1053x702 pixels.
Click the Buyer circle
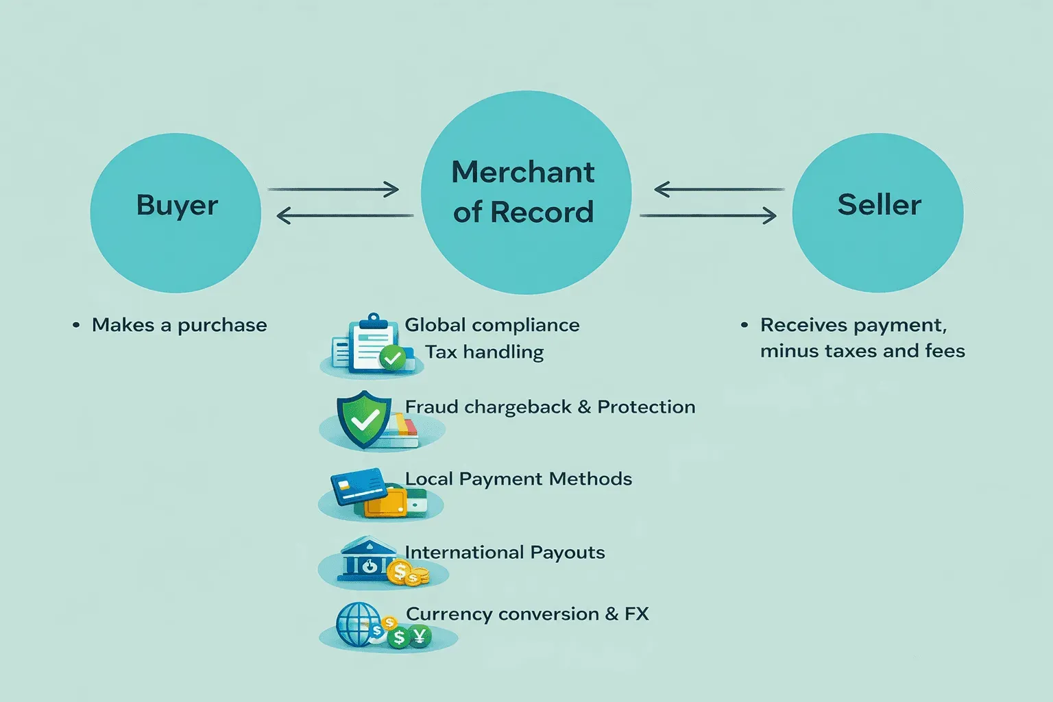pos(175,213)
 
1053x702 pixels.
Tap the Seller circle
pos(877,213)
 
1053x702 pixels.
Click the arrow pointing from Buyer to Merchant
pos(333,189)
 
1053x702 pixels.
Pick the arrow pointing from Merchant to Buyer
pos(344,216)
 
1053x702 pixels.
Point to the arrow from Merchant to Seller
pos(707,216)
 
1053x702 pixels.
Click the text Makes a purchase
pos(179,325)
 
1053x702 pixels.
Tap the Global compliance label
pos(492,325)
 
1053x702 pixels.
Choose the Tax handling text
pos(484,352)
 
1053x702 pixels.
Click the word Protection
pos(646,407)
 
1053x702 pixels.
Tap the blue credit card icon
pos(356,485)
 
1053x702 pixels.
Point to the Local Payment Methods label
pos(518,479)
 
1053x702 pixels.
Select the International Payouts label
pos(505,553)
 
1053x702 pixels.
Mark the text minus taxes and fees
pos(862,351)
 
